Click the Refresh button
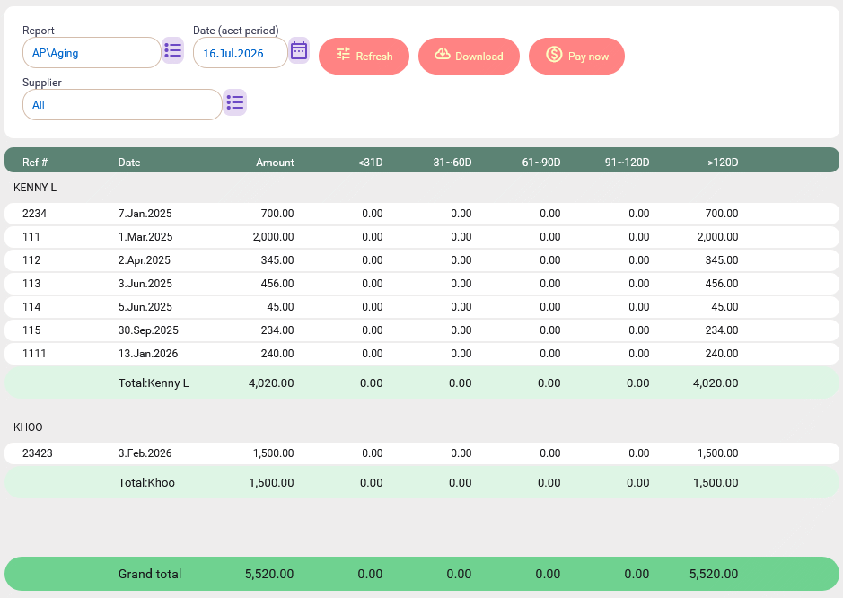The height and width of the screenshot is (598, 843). pos(364,56)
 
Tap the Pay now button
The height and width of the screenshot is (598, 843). pos(576,56)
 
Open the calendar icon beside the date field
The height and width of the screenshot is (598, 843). pos(299,50)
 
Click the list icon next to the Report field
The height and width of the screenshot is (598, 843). pos(173,50)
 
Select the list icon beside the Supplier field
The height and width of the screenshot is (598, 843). pos(235,102)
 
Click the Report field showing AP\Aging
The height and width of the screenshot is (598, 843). pos(92,53)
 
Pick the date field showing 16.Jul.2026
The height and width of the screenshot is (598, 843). pos(241,53)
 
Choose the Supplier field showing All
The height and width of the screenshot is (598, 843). pos(122,104)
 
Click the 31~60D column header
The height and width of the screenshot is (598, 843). pos(452,163)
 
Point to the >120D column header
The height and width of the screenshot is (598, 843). pos(723,163)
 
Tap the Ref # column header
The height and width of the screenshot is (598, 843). pos(35,163)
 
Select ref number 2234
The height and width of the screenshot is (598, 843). pos(34,214)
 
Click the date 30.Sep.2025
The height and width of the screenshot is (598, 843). pos(148,330)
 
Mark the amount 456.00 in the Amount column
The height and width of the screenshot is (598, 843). pos(277,284)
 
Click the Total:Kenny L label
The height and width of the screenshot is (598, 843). pos(154,383)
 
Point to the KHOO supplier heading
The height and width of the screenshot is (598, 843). pos(28,427)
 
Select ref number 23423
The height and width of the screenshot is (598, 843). pos(38,453)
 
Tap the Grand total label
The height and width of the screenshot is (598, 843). pos(150,574)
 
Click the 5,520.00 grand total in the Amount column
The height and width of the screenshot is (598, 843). pos(269,574)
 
